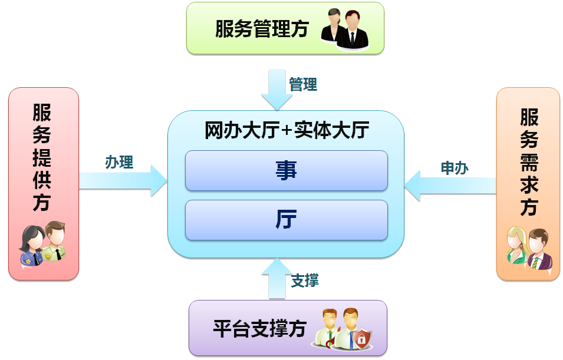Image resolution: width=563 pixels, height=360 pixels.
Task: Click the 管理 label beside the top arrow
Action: pos(303,85)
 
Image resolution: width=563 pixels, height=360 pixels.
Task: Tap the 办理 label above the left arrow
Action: pos(119,162)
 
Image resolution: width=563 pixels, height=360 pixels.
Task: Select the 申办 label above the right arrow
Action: pos(455,168)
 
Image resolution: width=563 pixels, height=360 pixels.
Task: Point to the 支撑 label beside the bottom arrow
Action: pos(305,280)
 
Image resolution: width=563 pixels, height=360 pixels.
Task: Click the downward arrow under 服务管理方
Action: pos(277,89)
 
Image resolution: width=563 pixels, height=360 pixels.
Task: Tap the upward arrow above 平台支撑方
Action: pos(276,278)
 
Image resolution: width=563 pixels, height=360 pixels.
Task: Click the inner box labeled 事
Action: pos(287,171)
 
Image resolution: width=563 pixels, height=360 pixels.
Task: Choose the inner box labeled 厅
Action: pos(287,220)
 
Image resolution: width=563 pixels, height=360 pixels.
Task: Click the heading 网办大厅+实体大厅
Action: pos(287,130)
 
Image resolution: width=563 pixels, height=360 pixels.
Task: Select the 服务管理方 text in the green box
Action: pos(262,29)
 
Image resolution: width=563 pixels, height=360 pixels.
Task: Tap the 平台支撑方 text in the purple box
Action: pos(259,328)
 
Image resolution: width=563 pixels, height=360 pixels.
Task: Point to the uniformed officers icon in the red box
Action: pos(42,243)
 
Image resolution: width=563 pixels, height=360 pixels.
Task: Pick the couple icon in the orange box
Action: pos(529,247)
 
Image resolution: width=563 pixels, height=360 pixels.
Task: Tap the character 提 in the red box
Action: pos(42,158)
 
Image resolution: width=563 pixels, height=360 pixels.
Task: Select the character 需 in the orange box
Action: pos(529,161)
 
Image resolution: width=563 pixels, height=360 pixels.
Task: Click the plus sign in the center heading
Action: pos(287,131)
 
